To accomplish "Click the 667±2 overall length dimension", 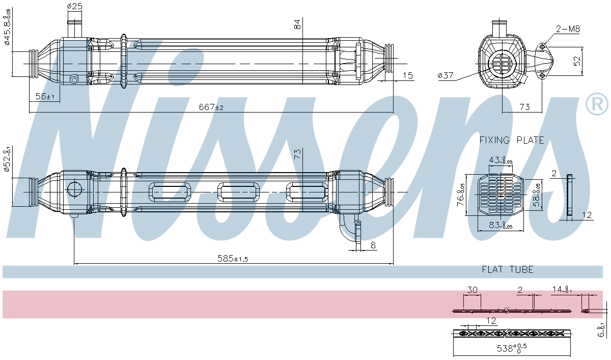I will pos(211,107).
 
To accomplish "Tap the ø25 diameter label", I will pos(74,6).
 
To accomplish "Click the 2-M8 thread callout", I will pos(568,29).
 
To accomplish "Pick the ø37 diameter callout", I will pos(445,76).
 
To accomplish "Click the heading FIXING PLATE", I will pos(512,140).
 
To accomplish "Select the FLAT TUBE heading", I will pos(508,269).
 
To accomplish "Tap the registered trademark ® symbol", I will pos(597,105).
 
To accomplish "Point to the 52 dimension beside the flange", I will pos(577,61).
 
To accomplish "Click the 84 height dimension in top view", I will pos(298,23).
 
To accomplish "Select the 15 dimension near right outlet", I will pos(407,76).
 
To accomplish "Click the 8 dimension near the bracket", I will pos(373,245).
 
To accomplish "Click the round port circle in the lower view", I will pos(74,189).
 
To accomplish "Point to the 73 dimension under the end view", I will pos(524,107).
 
